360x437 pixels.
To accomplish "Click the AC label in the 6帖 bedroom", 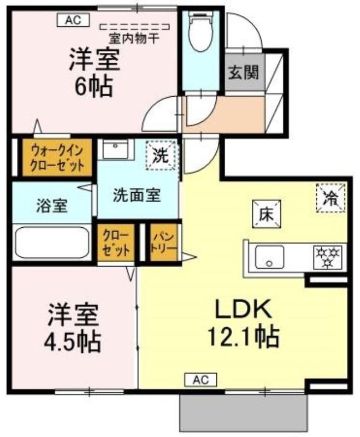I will click(70, 20).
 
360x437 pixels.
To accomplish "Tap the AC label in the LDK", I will click(200, 379).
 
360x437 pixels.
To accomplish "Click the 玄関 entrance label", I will click(244, 72).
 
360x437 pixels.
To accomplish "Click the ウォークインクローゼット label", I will click(57, 157).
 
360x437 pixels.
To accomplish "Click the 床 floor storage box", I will click(265, 214).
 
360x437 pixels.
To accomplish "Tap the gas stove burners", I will click(327, 256).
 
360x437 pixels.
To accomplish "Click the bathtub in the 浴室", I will click(51, 242).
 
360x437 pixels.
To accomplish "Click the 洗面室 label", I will click(137, 195).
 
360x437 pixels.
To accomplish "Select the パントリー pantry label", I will click(164, 244).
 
